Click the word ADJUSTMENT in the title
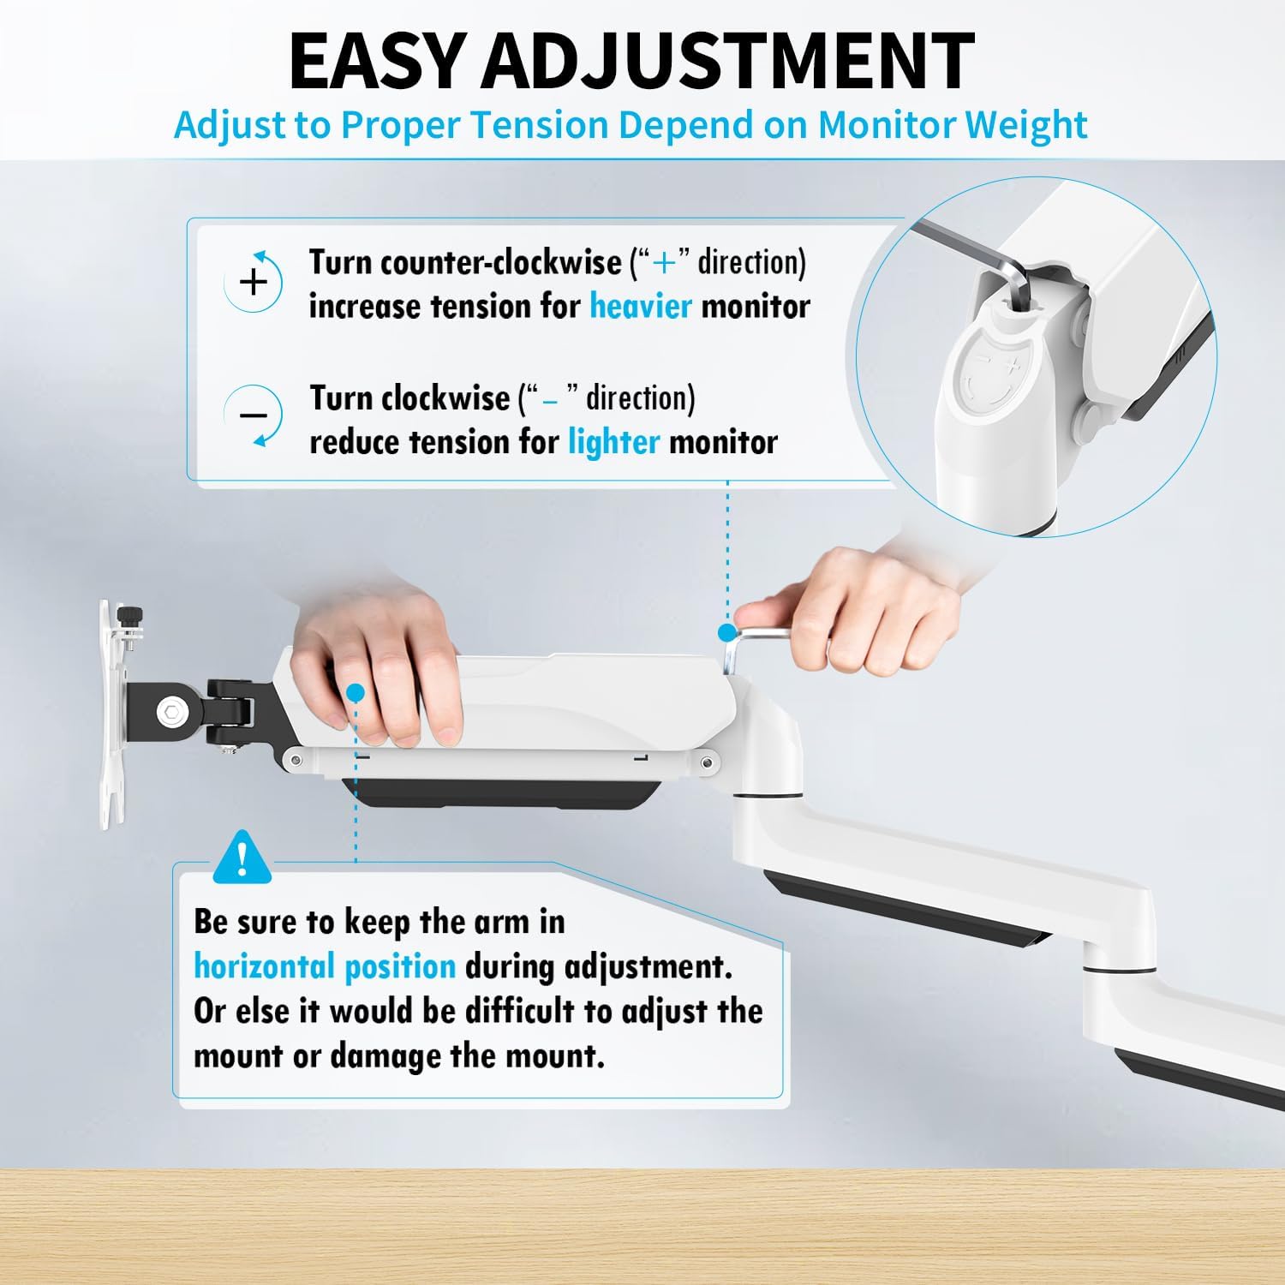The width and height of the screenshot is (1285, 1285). coord(728,61)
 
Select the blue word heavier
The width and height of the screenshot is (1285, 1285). coord(640,307)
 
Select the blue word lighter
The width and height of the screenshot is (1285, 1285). coord(613,443)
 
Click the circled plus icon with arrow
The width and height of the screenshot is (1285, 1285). coord(254,281)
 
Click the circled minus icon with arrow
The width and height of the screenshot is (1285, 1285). coord(254,415)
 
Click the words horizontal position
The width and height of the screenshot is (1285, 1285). coord(324,967)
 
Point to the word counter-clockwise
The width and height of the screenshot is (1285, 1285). coord(500,262)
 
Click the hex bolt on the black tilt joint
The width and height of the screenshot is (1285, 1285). coord(170,710)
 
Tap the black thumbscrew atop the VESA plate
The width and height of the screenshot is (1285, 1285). coord(131,615)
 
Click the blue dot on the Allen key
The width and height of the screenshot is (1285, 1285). coord(727,633)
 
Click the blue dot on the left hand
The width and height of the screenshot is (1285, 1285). coord(356,692)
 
